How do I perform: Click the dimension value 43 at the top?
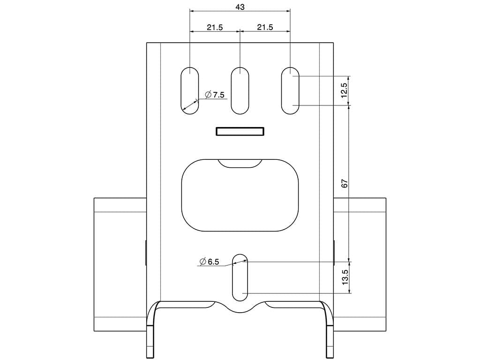pyautogui.click(x=240, y=7)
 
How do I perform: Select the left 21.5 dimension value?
pyautogui.click(x=215, y=27)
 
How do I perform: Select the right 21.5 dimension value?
pyautogui.click(x=265, y=27)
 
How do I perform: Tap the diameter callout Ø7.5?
pyautogui.click(x=215, y=95)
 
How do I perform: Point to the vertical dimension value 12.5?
pyautogui.click(x=345, y=90)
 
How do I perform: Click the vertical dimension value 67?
pyautogui.click(x=345, y=183)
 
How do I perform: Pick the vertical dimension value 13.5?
pyautogui.click(x=345, y=277)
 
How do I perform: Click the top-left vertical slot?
pyautogui.click(x=189, y=90)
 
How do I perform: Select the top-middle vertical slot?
pyautogui.click(x=240, y=90)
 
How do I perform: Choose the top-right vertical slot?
pyautogui.click(x=290, y=90)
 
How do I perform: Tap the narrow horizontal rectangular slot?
pyautogui.click(x=240, y=131)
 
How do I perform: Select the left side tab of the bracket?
pyautogui.click(x=120, y=264)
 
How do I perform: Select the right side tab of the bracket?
pyautogui.click(x=360, y=264)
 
